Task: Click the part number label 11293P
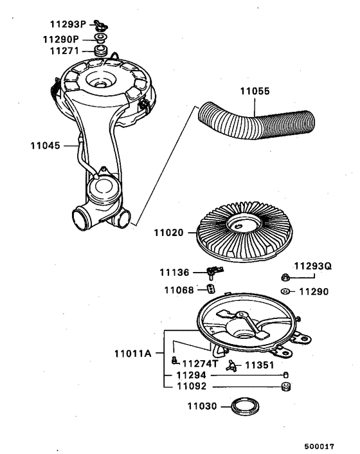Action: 68,25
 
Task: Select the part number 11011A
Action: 133,353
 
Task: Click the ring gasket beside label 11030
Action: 244,407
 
